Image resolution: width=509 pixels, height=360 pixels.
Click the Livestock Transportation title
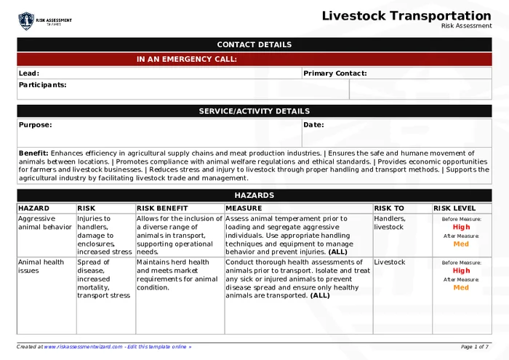click(406, 16)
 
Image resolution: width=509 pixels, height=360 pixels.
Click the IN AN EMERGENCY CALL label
click(186, 60)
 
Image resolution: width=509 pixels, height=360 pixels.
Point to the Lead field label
click(28, 73)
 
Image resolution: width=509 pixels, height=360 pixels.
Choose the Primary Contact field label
click(334, 73)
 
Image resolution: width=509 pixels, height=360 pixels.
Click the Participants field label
click(42, 85)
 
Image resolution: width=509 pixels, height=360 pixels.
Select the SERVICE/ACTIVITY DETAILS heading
click(254, 111)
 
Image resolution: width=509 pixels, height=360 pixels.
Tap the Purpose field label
click(35, 125)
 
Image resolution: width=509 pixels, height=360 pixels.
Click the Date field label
click(313, 125)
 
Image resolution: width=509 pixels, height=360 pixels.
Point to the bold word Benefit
click(33, 153)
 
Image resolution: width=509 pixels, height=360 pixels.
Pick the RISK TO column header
click(389, 208)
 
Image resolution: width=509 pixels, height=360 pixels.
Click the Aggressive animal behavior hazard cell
click(45, 223)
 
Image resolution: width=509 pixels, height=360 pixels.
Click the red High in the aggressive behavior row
click(461, 227)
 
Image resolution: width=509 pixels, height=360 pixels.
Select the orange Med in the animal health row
click(461, 288)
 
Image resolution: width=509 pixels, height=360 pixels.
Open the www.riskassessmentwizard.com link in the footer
click(83, 347)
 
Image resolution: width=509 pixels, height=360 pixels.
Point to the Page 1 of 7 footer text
click(475, 347)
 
